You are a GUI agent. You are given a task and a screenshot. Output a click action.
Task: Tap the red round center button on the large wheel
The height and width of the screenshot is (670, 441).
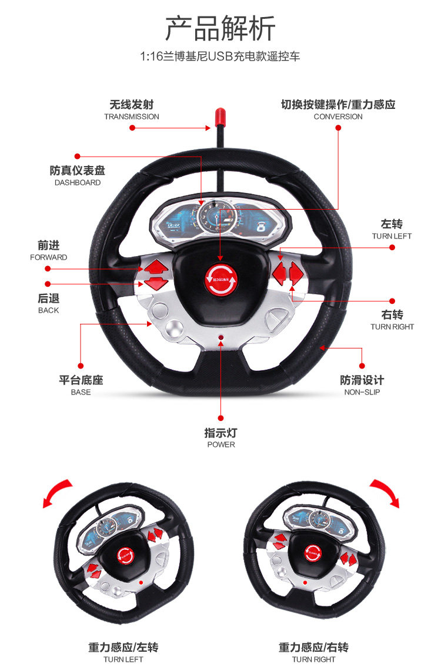pos(220,277)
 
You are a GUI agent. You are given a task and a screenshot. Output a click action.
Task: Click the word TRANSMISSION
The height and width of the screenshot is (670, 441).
pos(132,117)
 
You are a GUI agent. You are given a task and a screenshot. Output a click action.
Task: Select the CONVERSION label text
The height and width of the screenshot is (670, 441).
pos(338,117)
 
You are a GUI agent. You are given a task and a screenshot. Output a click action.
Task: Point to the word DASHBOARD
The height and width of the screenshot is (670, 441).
pos(78,183)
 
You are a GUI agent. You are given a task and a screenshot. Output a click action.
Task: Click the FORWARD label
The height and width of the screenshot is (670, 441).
pos(49,257)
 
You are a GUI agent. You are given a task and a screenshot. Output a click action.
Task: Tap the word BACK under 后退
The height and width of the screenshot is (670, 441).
pos(49,310)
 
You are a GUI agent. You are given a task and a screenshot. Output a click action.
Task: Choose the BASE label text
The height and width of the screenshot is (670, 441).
pos(81,392)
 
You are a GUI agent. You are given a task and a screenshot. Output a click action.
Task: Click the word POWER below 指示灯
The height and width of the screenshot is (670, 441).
pos(221,445)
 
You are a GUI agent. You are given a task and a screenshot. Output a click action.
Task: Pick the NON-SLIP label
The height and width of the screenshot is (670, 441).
pos(362,392)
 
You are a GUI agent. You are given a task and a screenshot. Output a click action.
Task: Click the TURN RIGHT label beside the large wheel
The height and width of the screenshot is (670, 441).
pos(392,327)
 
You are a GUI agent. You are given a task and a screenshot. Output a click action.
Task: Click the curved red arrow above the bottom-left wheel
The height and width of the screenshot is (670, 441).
pos(58,492)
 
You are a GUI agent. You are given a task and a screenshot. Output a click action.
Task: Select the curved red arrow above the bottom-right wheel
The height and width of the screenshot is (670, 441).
pos(385,492)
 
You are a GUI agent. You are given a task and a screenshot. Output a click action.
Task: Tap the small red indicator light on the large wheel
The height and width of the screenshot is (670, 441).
pos(221,338)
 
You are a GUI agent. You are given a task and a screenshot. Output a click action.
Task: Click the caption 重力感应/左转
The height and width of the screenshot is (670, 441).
pos(123,647)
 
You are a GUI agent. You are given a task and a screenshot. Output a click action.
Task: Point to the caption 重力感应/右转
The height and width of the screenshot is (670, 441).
pos(313,647)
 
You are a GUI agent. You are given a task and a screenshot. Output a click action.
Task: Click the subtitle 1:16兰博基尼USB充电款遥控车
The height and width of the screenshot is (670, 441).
pos(220,57)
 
